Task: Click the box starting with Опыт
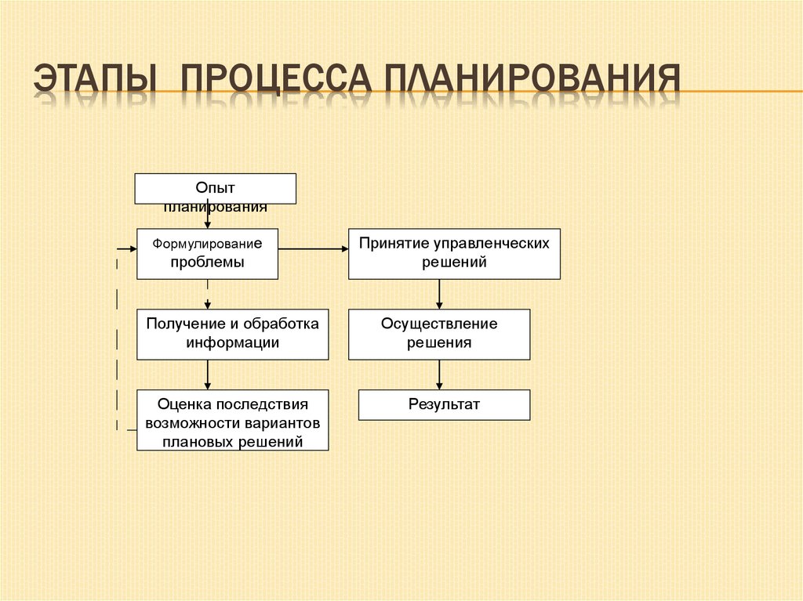coord(215,189)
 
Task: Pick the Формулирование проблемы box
coord(207,253)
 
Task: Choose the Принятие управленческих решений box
coord(454,253)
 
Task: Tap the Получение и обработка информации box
coord(232,334)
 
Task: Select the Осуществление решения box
coord(439,334)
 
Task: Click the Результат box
coord(444,405)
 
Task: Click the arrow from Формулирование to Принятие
coord(314,249)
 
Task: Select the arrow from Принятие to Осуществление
coord(439,294)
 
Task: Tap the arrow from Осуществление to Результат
coord(439,375)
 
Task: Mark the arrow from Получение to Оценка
coord(208,375)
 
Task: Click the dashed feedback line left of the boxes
coord(118,337)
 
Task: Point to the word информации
coord(233,342)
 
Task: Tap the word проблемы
coord(207,262)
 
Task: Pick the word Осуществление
coord(439,324)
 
